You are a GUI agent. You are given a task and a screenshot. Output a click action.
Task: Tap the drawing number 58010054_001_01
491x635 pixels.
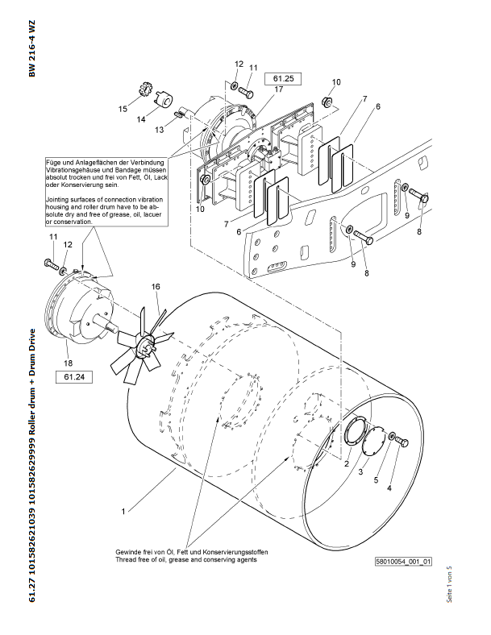point(403,561)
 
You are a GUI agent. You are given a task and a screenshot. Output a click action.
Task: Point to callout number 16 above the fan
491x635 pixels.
point(156,286)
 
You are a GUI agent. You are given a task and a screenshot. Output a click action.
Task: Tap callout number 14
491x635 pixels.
point(140,119)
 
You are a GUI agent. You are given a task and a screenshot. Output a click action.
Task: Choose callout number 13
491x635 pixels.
point(159,129)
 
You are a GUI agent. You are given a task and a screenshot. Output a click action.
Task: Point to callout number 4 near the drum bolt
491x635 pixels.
point(390,488)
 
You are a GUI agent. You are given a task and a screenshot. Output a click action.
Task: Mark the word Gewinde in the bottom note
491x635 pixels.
point(127,551)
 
